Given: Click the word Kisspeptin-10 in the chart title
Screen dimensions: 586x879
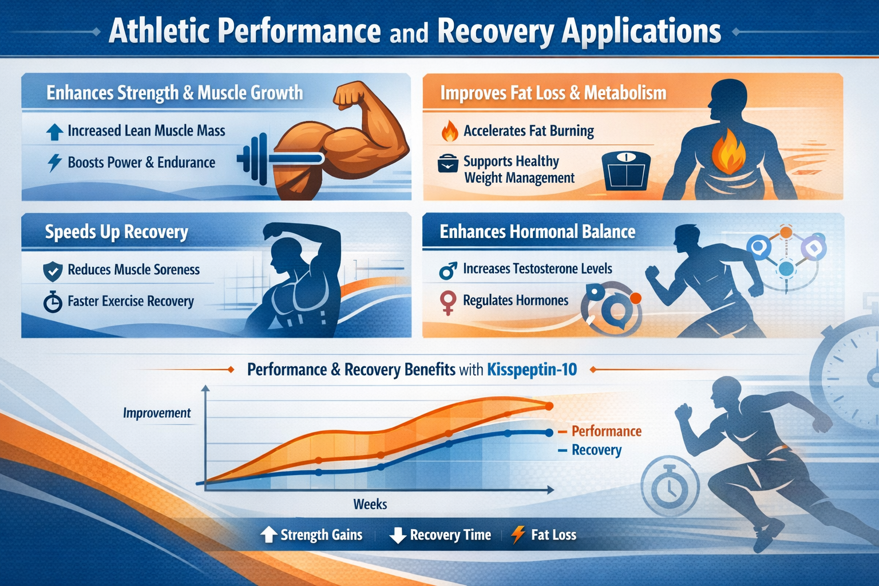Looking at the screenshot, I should (x=532, y=370).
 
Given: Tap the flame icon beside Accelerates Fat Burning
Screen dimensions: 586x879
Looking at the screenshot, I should (x=450, y=131).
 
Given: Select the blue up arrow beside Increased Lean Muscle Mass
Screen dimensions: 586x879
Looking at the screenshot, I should (x=54, y=132).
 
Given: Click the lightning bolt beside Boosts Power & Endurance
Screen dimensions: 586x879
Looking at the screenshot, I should (x=54, y=163).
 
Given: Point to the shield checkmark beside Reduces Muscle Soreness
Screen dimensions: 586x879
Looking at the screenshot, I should (x=53, y=271).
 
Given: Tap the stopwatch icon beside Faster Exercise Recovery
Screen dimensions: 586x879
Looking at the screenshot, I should (x=53, y=302).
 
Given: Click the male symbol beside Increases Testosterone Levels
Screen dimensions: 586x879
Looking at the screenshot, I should (x=448, y=270).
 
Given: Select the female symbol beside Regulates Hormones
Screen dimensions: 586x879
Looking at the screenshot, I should (x=448, y=302).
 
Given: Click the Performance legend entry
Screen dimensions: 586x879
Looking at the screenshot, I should (x=605, y=431).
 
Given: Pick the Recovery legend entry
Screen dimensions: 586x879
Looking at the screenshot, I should (x=596, y=450).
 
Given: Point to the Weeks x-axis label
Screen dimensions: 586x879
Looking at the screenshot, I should (x=370, y=504).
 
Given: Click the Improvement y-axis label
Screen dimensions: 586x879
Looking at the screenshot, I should (x=156, y=413).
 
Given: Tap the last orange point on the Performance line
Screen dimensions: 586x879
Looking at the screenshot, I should (x=549, y=406).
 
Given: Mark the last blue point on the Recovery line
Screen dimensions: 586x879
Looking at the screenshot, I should (x=549, y=433).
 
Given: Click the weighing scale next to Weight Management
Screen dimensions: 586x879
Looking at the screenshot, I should (x=626, y=171).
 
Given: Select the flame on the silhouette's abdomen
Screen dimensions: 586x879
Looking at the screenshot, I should (x=728, y=152).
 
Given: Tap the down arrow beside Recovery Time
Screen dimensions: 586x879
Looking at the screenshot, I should (x=397, y=535).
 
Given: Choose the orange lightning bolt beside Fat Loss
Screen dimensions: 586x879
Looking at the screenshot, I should (x=517, y=534).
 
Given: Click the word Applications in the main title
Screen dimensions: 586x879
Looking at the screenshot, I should (x=641, y=31).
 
